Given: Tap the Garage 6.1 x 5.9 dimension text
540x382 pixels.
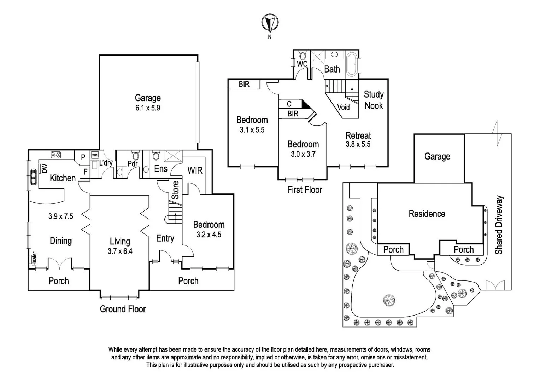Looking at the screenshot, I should pos(148,108).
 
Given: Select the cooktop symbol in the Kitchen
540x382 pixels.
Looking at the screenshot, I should pos(56,155).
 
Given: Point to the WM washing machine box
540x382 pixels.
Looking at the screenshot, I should pos(95,155).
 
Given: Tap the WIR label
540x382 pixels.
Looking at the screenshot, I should pos(195,170).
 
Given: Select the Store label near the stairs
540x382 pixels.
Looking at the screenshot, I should pos(175,190).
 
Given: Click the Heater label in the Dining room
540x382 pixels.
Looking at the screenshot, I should pos(34,259).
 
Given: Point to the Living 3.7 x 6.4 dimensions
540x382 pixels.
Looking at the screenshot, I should pos(120,251).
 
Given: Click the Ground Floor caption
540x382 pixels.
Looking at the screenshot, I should pos(123,309).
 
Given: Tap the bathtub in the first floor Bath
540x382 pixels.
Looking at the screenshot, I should pos(352,64).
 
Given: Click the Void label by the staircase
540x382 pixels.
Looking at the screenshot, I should pos(343,107).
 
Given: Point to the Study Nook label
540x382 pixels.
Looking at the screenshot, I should pos(374,100).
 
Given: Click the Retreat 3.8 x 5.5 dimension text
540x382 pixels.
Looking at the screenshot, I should pos(358,144).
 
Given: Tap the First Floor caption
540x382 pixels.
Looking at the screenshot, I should pos(305,190).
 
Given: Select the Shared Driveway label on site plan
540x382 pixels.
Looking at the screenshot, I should pos(499,225).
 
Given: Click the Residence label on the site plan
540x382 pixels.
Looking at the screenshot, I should pos(427,214).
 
